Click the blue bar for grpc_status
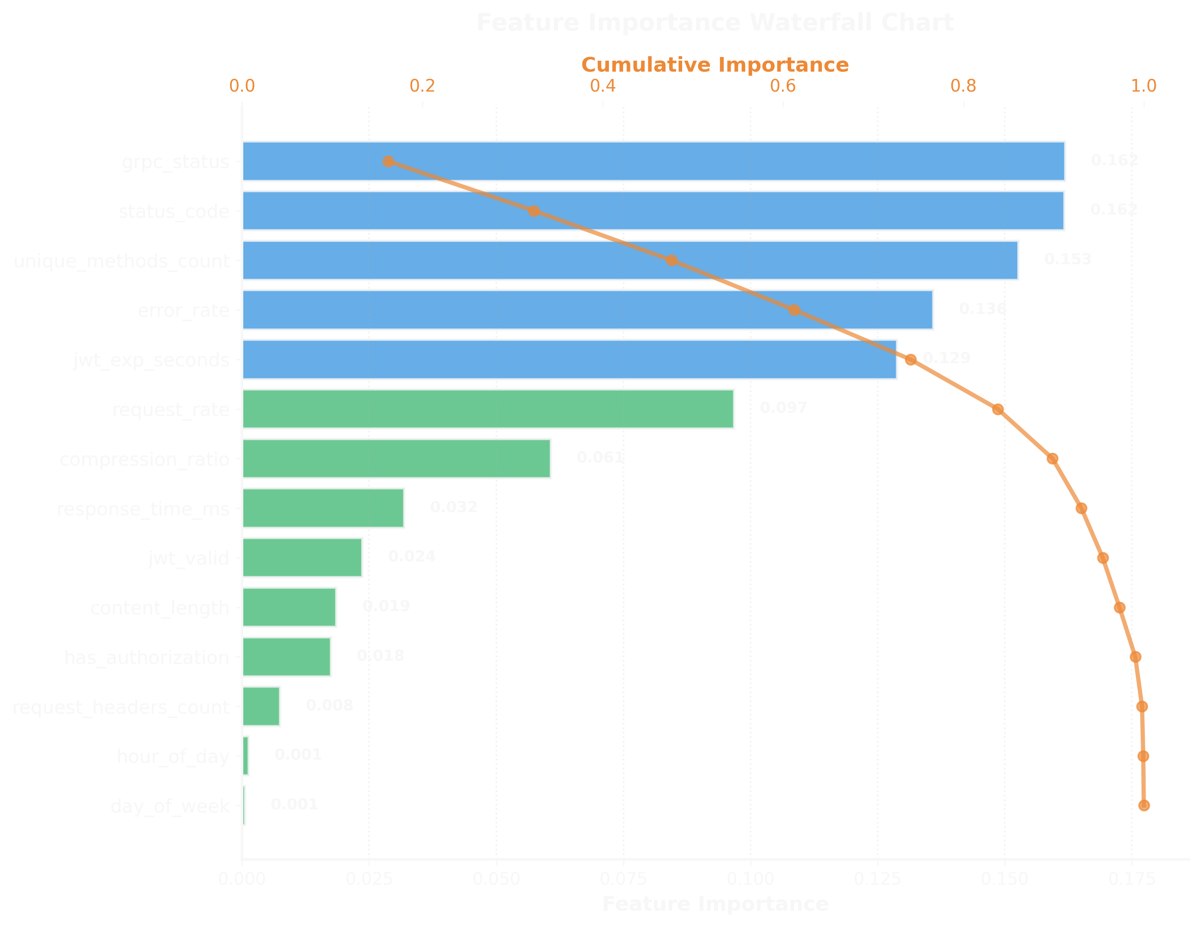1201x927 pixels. click(653, 161)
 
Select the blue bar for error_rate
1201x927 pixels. click(587, 309)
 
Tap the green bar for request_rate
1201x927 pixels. click(488, 408)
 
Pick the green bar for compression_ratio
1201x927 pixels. click(396, 458)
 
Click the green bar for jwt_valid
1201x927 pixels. click(302, 557)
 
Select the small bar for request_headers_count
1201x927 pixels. click(261, 706)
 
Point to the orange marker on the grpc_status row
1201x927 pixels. click(388, 161)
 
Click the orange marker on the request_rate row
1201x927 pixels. click(997, 409)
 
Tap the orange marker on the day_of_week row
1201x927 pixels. click(1144, 806)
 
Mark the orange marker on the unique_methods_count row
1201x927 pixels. click(672, 260)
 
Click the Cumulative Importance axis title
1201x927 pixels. click(714, 65)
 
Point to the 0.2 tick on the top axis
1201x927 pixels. click(422, 86)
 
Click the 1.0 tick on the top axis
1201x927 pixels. click(1143, 86)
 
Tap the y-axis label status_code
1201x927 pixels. click(174, 211)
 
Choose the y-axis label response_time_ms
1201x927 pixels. click(143, 508)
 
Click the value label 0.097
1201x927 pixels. click(783, 408)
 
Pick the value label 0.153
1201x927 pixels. click(1067, 259)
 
